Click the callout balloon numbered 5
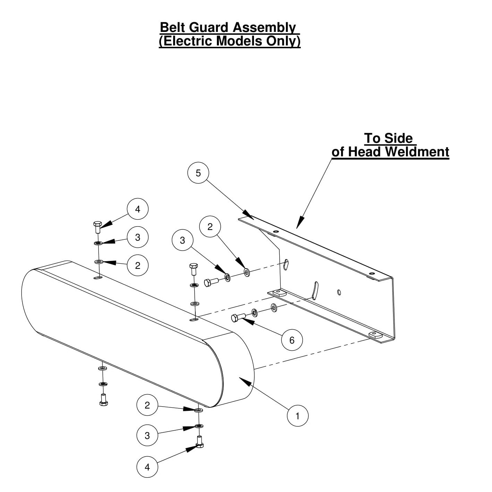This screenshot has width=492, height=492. click(198, 173)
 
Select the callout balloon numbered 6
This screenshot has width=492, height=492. click(291, 340)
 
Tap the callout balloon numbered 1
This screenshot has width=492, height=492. click(297, 416)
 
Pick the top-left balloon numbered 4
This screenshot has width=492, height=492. click(138, 209)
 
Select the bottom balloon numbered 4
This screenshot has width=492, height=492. click(147, 467)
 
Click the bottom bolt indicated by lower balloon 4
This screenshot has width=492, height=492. click(200, 442)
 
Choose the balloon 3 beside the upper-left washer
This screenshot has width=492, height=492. click(138, 237)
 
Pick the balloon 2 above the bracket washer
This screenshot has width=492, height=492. click(210, 227)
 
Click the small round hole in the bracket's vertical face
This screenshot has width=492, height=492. click(339, 292)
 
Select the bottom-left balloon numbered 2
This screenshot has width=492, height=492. click(147, 405)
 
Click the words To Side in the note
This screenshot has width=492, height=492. click(388, 138)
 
